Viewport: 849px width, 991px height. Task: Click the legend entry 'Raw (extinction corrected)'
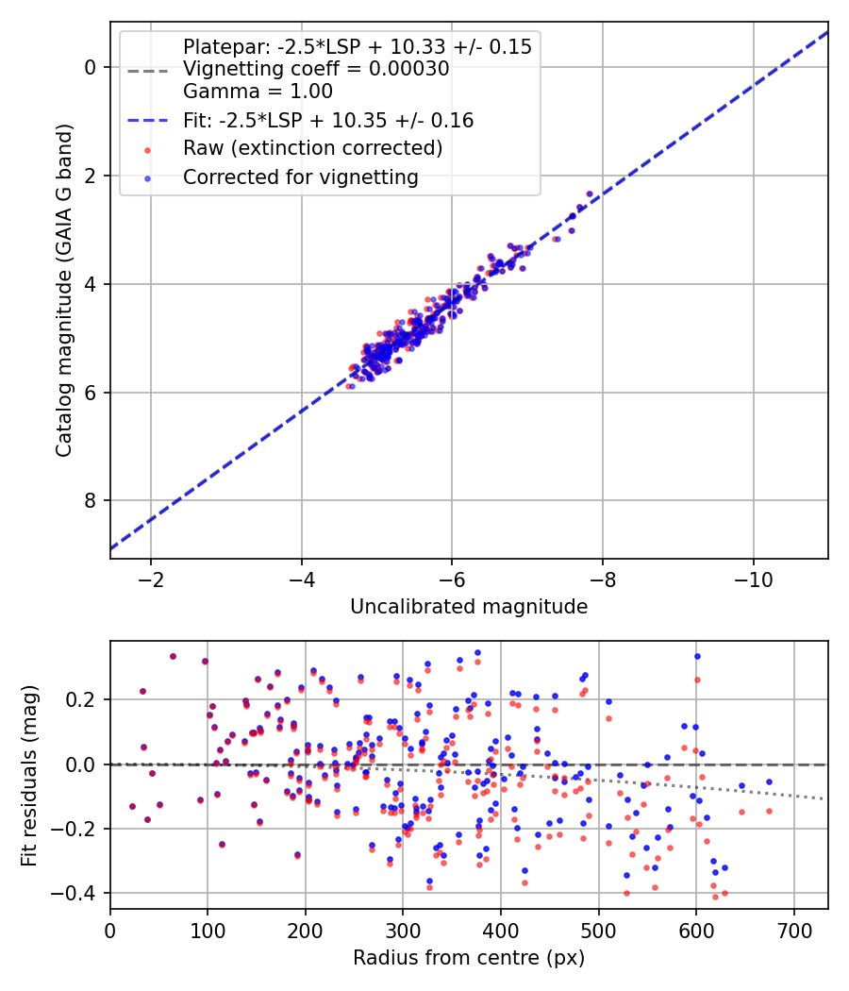point(312,148)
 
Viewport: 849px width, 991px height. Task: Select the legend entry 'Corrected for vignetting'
point(301,176)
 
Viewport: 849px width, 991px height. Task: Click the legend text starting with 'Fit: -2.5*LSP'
point(328,120)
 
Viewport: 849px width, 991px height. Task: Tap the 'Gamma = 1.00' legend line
point(258,92)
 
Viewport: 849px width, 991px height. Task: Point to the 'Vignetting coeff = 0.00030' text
point(316,68)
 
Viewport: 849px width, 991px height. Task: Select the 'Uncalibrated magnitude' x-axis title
point(469,607)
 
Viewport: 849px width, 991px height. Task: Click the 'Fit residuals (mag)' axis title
point(29,775)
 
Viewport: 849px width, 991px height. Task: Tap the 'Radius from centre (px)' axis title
point(469,958)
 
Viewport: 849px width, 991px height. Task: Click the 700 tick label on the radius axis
point(793,930)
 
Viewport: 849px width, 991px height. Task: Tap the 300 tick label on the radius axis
point(403,930)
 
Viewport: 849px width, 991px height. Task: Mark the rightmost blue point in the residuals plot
point(769,781)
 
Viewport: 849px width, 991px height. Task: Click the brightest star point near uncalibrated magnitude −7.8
point(590,193)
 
